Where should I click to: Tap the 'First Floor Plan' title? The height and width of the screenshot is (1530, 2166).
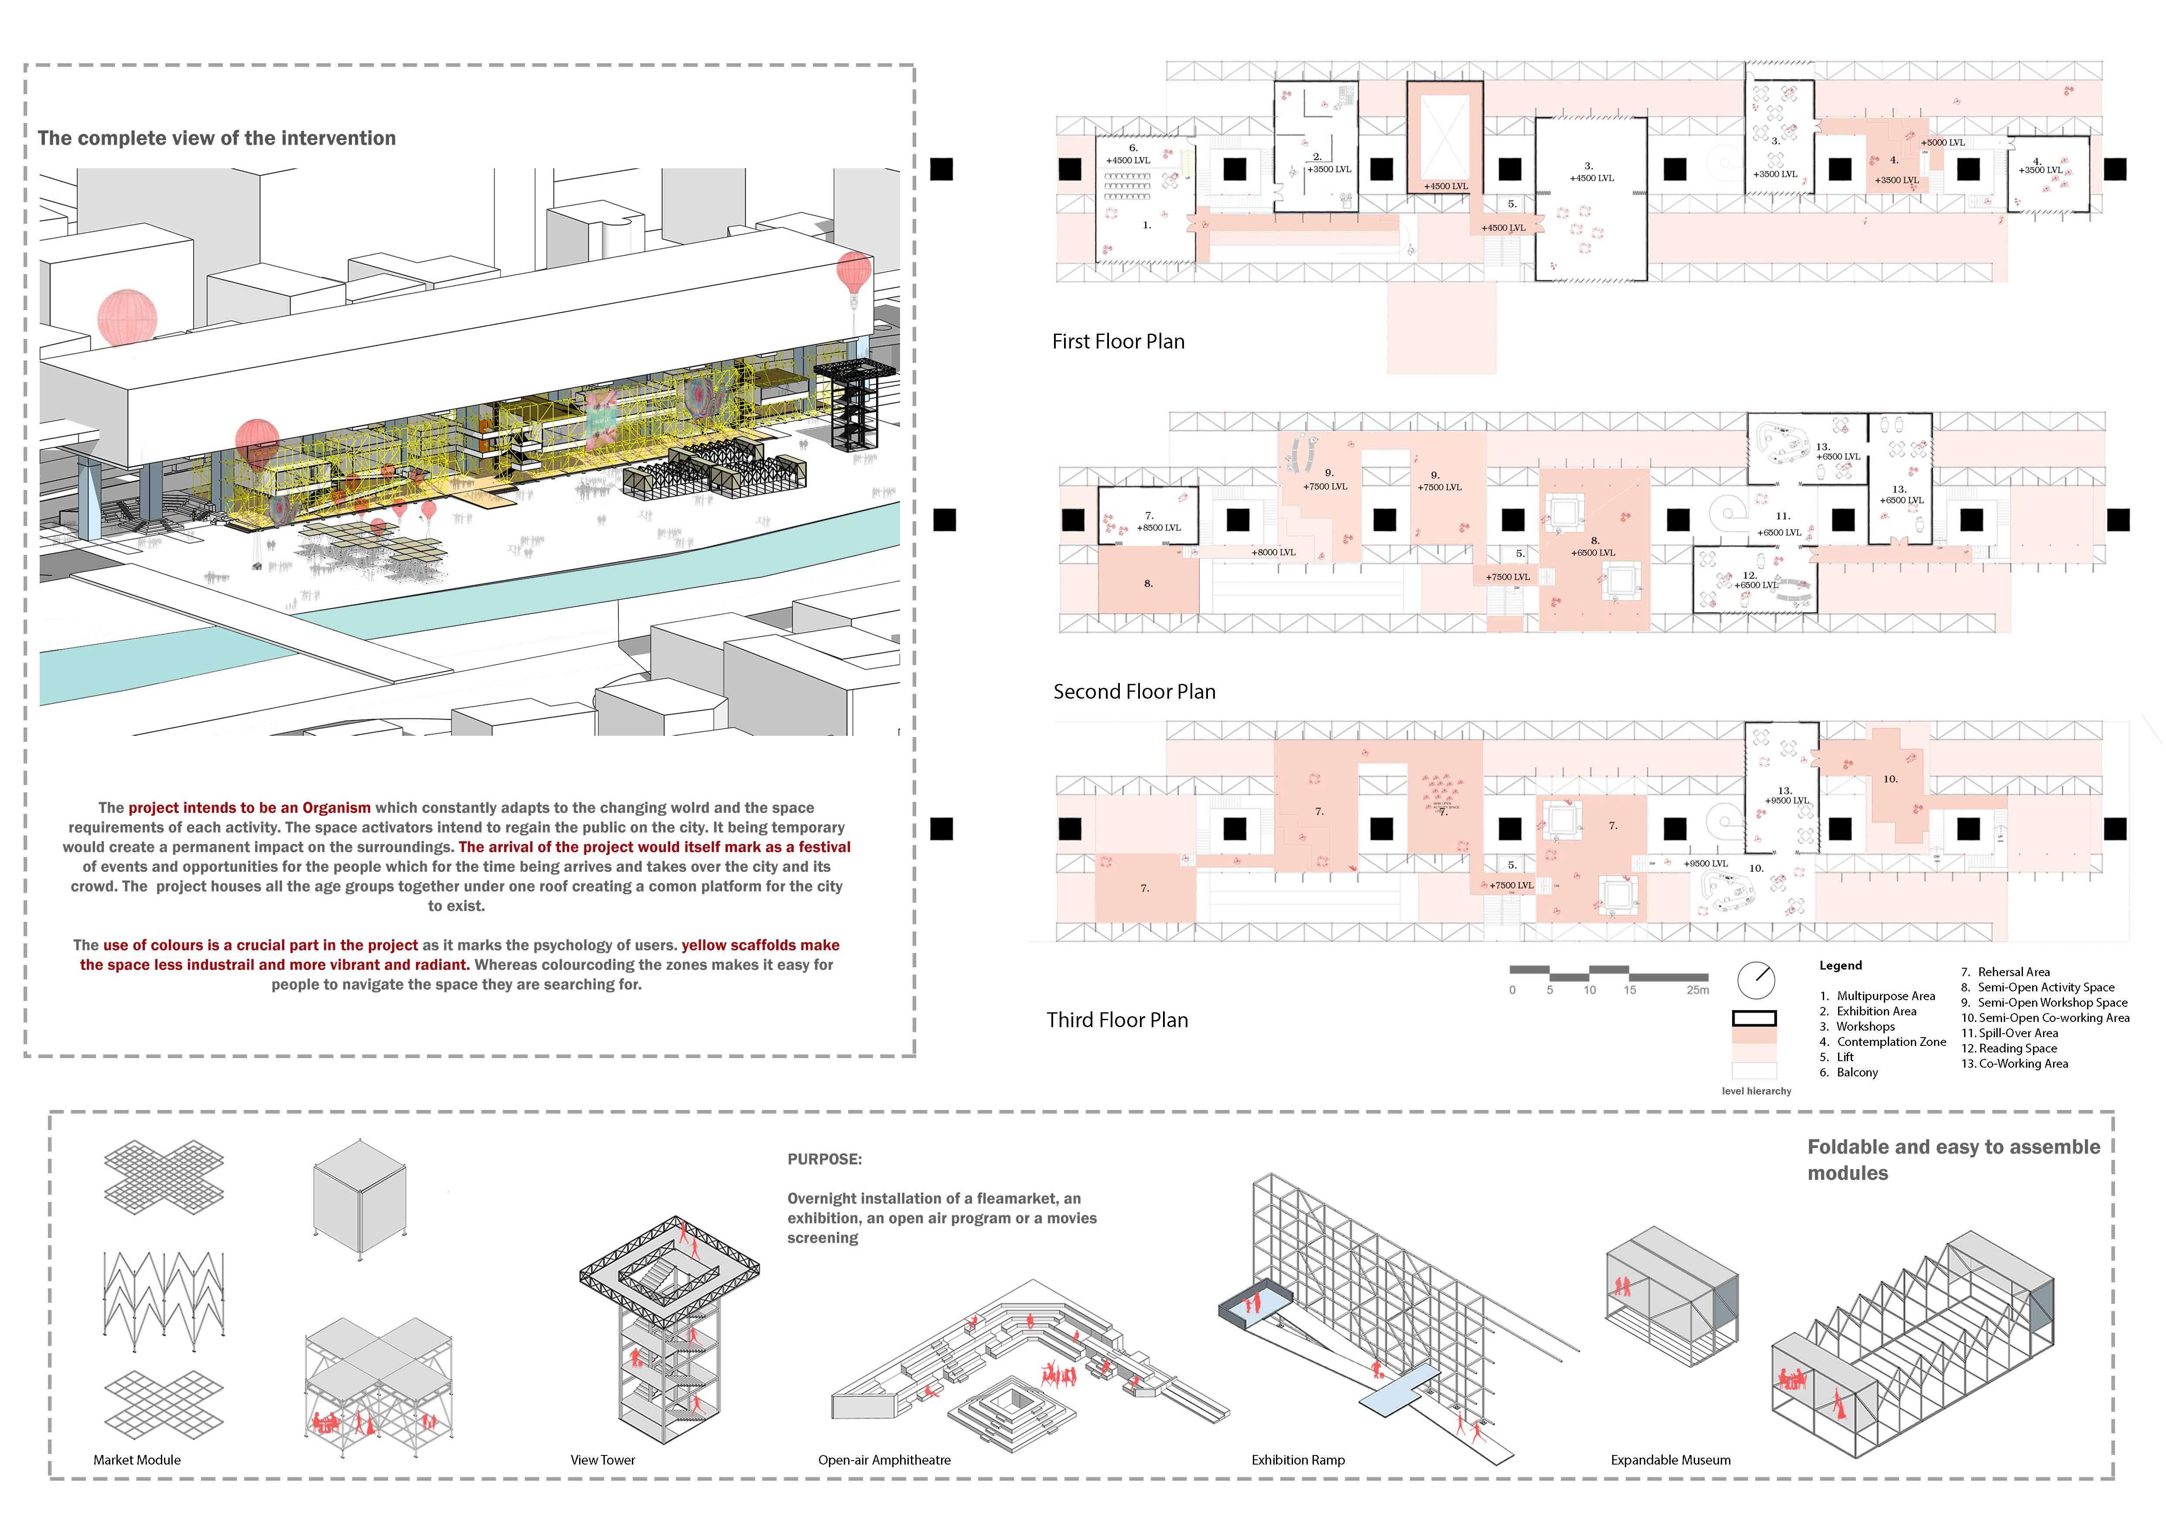coord(1118,342)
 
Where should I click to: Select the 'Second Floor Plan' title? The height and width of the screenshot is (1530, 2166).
coord(1134,691)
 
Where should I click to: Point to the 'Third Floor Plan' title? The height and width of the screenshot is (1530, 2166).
coord(1117,1020)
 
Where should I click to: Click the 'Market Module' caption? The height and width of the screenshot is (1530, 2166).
coord(137,1459)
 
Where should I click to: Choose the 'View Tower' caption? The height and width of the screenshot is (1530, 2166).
coord(603,1459)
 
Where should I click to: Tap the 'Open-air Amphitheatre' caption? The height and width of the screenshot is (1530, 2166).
coord(884,1459)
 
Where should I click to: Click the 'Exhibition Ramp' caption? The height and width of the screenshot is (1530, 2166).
coord(1298,1459)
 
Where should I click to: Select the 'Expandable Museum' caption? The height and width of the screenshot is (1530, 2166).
coord(1671,1459)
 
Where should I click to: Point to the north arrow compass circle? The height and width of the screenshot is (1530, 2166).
coord(1756,980)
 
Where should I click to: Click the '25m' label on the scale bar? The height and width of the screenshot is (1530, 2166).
coord(1697,990)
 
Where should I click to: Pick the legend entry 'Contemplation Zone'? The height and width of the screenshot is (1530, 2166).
coord(1890,1042)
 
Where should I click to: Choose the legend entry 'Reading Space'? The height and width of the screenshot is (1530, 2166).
coord(2017,1048)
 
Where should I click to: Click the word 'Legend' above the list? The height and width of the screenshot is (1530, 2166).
coord(1841,965)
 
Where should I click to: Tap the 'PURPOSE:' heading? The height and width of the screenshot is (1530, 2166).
coord(825,1158)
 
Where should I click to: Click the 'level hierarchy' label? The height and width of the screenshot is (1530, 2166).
coord(1756,1090)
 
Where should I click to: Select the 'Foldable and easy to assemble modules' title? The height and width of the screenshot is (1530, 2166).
coord(1953,1159)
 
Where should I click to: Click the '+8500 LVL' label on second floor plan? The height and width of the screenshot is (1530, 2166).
coord(1159,527)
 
